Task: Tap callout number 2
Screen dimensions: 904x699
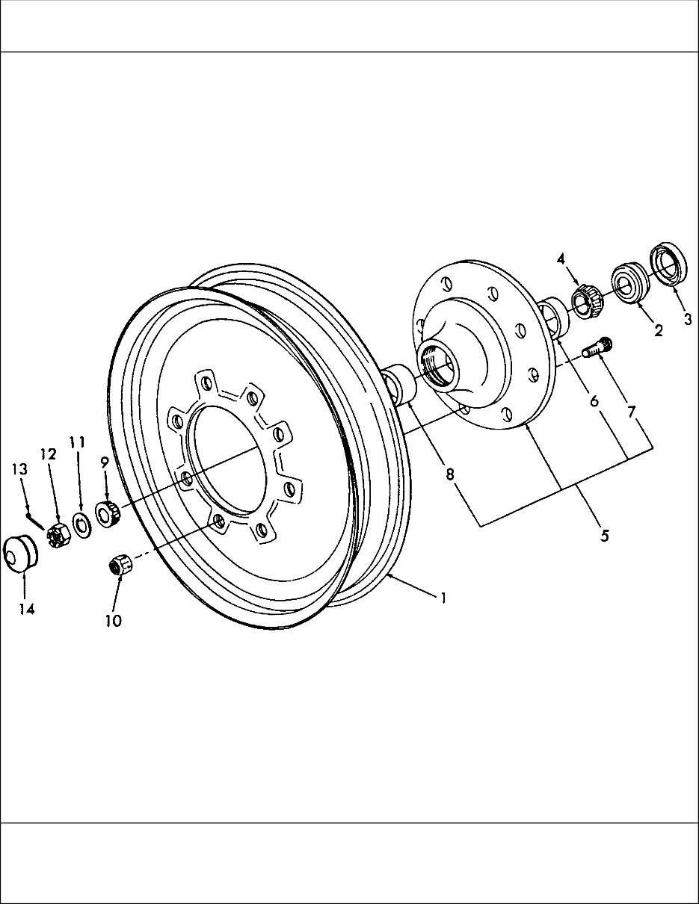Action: point(658,330)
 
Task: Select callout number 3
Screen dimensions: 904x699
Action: point(687,318)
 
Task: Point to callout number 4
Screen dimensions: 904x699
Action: point(560,258)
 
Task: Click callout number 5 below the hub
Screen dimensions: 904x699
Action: point(603,535)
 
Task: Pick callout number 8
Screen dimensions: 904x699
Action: point(450,474)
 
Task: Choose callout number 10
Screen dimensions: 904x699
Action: point(114,620)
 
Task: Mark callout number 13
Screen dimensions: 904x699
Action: point(19,469)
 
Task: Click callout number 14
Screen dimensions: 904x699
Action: point(27,609)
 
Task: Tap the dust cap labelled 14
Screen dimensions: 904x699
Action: point(21,554)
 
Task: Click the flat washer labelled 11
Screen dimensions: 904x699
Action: point(81,521)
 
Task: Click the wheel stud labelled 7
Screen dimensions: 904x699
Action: point(597,347)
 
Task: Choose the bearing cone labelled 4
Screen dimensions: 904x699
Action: point(587,301)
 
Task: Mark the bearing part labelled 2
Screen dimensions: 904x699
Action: point(630,282)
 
